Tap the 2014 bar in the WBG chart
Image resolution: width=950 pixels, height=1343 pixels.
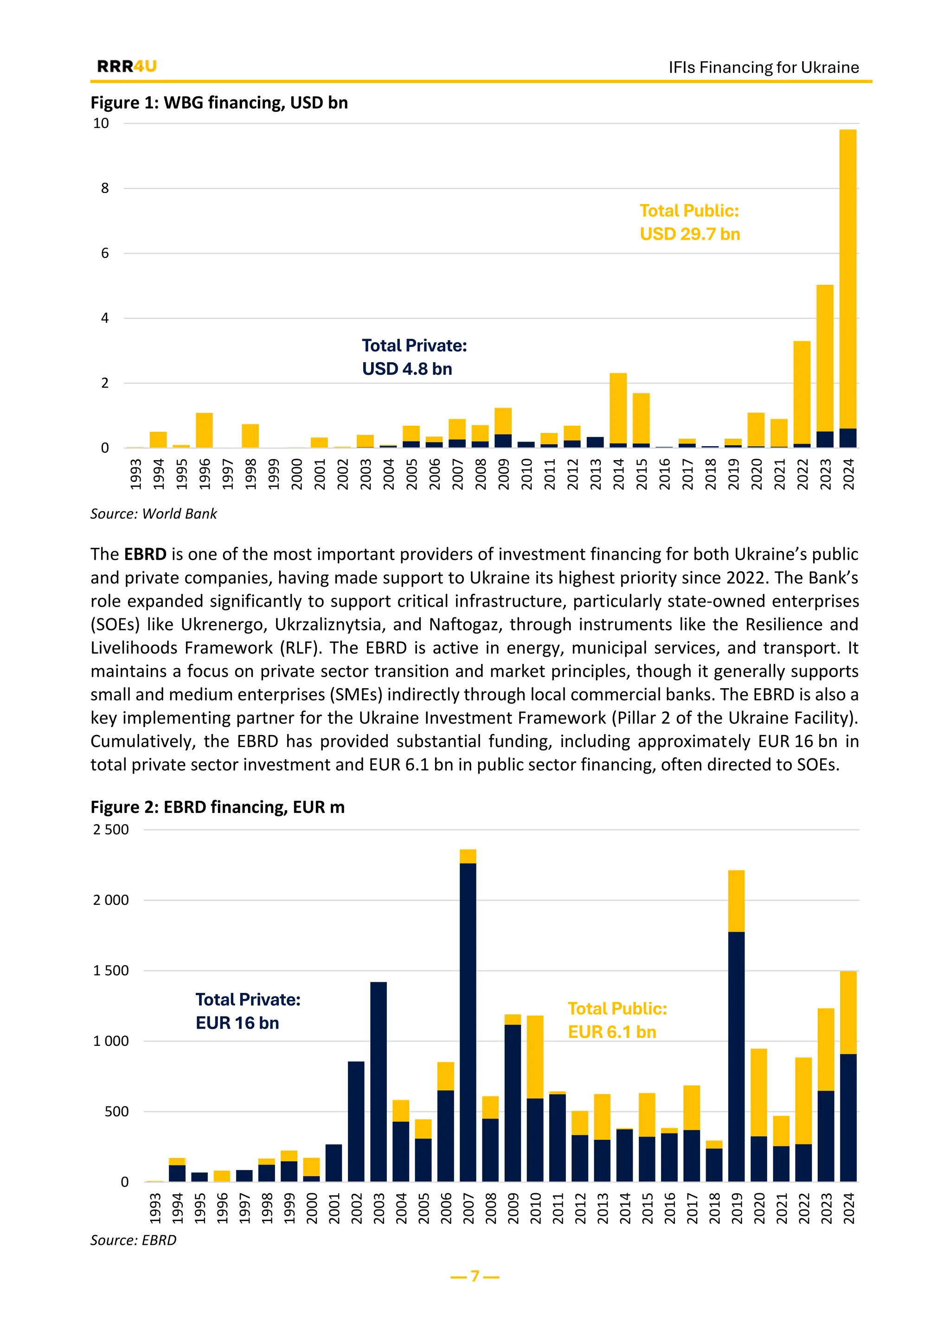[x=618, y=410]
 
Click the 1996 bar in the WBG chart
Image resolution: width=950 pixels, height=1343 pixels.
[x=204, y=430]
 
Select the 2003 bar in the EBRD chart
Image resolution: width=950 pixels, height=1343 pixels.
[x=379, y=1081]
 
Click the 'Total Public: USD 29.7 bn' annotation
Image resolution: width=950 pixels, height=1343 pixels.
[x=690, y=222]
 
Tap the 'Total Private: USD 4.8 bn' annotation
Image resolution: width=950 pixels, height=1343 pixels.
[x=414, y=357]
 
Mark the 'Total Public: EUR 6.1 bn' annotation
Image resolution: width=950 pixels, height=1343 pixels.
[x=617, y=1020]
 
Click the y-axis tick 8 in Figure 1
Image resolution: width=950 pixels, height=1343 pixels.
[x=105, y=188]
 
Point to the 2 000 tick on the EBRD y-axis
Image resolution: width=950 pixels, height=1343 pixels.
[x=111, y=900]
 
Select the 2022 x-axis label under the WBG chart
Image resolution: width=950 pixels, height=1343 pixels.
[x=802, y=474]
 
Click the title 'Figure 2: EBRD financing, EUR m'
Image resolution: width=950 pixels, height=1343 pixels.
[x=218, y=807]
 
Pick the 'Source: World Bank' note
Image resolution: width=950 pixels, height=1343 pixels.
[x=153, y=513]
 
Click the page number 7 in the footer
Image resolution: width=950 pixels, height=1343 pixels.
[x=475, y=1276]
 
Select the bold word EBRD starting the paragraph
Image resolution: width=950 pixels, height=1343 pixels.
[x=145, y=554]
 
